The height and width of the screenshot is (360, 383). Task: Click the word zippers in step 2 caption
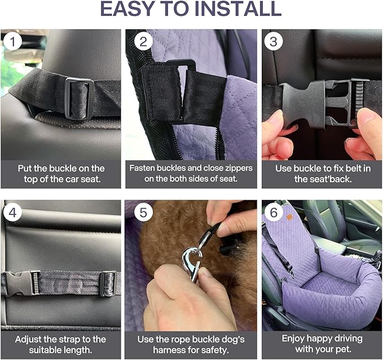pyautogui.click(x=237, y=168)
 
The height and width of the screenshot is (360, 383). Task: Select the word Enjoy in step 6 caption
pyautogui.click(x=297, y=339)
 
